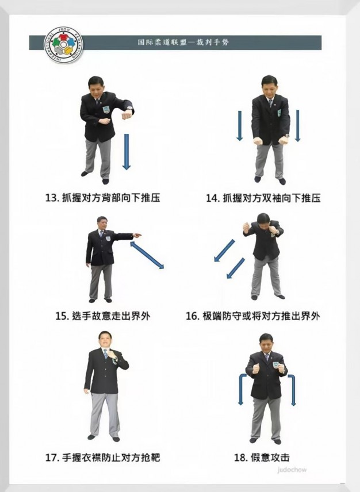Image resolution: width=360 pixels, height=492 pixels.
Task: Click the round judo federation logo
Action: [x=63, y=45]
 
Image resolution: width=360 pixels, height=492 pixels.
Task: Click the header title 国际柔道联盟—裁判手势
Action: [x=183, y=42]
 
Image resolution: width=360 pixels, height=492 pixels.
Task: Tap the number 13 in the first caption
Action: [x=51, y=198]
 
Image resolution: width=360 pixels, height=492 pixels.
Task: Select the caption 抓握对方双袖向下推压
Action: [x=272, y=198]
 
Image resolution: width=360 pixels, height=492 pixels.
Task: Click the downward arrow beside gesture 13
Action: [x=126, y=152]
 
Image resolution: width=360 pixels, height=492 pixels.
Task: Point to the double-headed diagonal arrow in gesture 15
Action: [x=147, y=255]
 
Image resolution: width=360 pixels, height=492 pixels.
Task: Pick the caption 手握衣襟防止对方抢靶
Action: [x=111, y=457]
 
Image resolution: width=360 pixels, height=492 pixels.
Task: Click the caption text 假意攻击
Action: [x=270, y=457]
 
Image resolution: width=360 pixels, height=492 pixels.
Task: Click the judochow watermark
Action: [x=292, y=470]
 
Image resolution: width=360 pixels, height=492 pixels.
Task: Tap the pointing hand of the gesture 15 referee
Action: [x=137, y=235]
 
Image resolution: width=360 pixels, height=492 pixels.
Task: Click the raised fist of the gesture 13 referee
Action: [x=127, y=115]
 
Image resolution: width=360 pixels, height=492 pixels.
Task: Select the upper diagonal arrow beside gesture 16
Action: [x=224, y=251]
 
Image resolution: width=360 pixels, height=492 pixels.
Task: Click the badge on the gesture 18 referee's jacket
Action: [x=275, y=365]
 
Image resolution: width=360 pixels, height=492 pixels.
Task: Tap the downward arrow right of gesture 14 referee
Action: [x=297, y=125]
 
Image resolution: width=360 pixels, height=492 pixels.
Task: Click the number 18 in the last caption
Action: [x=240, y=458]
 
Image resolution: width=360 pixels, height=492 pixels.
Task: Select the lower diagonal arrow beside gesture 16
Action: [x=236, y=268]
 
